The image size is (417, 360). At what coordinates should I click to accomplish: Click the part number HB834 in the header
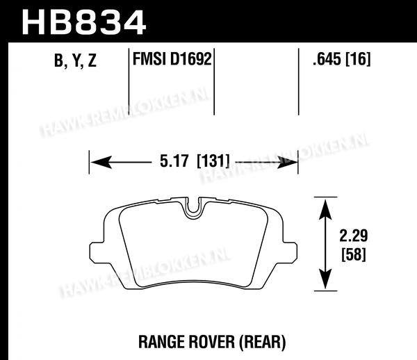click(x=84, y=23)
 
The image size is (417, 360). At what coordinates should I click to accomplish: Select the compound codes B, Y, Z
click(x=75, y=60)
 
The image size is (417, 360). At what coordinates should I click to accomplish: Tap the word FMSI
click(x=149, y=59)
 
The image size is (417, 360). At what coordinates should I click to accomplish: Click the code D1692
click(x=191, y=59)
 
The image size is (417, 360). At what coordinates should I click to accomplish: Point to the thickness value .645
click(x=327, y=59)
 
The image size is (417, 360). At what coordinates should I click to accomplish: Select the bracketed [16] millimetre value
click(x=358, y=59)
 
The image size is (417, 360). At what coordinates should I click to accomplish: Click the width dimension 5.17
click(x=174, y=161)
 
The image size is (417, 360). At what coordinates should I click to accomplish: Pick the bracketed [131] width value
click(x=213, y=161)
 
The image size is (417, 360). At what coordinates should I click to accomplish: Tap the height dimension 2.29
click(x=354, y=236)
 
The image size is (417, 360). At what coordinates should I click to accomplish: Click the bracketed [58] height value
click(x=354, y=254)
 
